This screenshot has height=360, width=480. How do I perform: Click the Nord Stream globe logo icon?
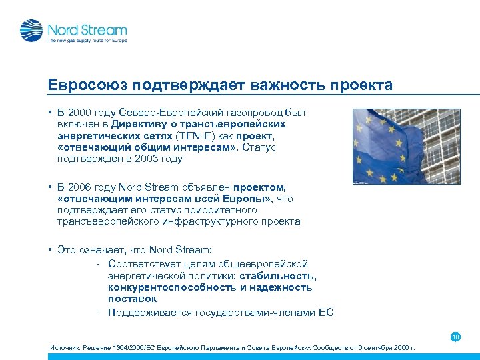pyautogui.click(x=31, y=31)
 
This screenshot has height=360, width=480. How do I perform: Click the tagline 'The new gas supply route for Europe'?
pyautogui.click(x=87, y=41)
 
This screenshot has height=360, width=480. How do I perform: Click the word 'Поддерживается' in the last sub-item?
pyautogui.click(x=149, y=312)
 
